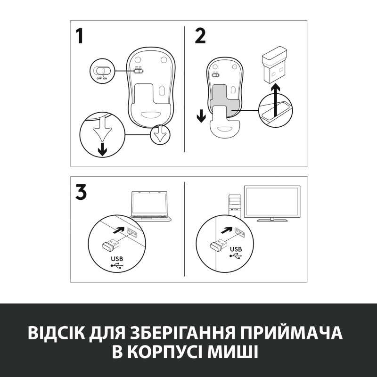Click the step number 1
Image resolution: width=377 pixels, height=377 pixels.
click(x=82, y=36)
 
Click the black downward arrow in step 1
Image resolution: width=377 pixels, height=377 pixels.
click(x=102, y=148)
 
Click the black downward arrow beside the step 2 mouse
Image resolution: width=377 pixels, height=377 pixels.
click(x=201, y=115)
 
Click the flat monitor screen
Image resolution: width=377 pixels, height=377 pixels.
click(x=271, y=202)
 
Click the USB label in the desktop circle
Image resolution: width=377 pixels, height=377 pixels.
click(x=236, y=248)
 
